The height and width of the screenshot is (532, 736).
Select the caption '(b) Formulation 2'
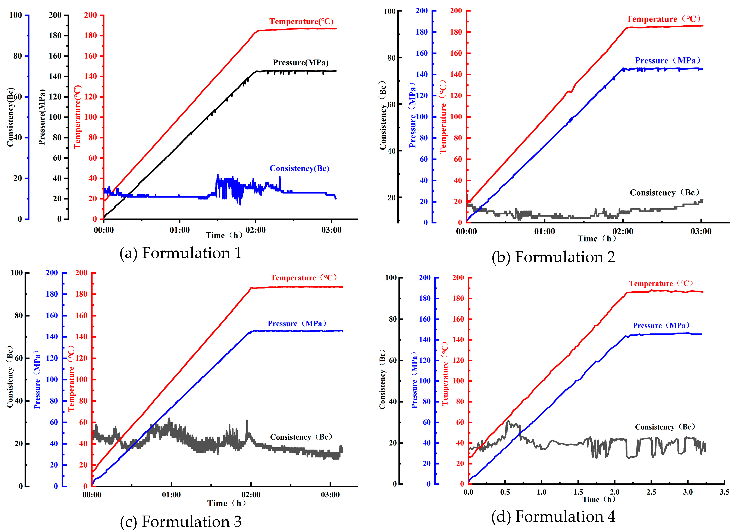point(553,257)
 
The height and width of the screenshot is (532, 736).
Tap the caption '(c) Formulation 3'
point(181,522)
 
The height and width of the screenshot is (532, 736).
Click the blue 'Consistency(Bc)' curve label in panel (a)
point(299,168)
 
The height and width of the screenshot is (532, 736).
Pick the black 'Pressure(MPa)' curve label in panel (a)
point(301,63)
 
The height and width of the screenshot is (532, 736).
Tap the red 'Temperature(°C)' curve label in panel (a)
point(301,21)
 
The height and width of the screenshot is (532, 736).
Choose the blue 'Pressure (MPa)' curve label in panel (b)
point(667,61)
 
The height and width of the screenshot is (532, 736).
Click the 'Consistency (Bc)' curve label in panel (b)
point(665,193)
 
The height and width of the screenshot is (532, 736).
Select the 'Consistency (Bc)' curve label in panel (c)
point(301,437)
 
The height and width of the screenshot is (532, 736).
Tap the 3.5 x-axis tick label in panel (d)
point(724,492)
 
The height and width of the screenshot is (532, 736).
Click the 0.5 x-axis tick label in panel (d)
point(505,492)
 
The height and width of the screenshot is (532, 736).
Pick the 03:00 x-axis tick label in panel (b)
point(701,231)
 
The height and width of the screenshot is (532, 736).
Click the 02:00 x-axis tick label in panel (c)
point(251,495)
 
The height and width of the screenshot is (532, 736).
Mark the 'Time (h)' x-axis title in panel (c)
point(226,503)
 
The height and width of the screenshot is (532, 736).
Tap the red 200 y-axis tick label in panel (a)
point(91,15)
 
